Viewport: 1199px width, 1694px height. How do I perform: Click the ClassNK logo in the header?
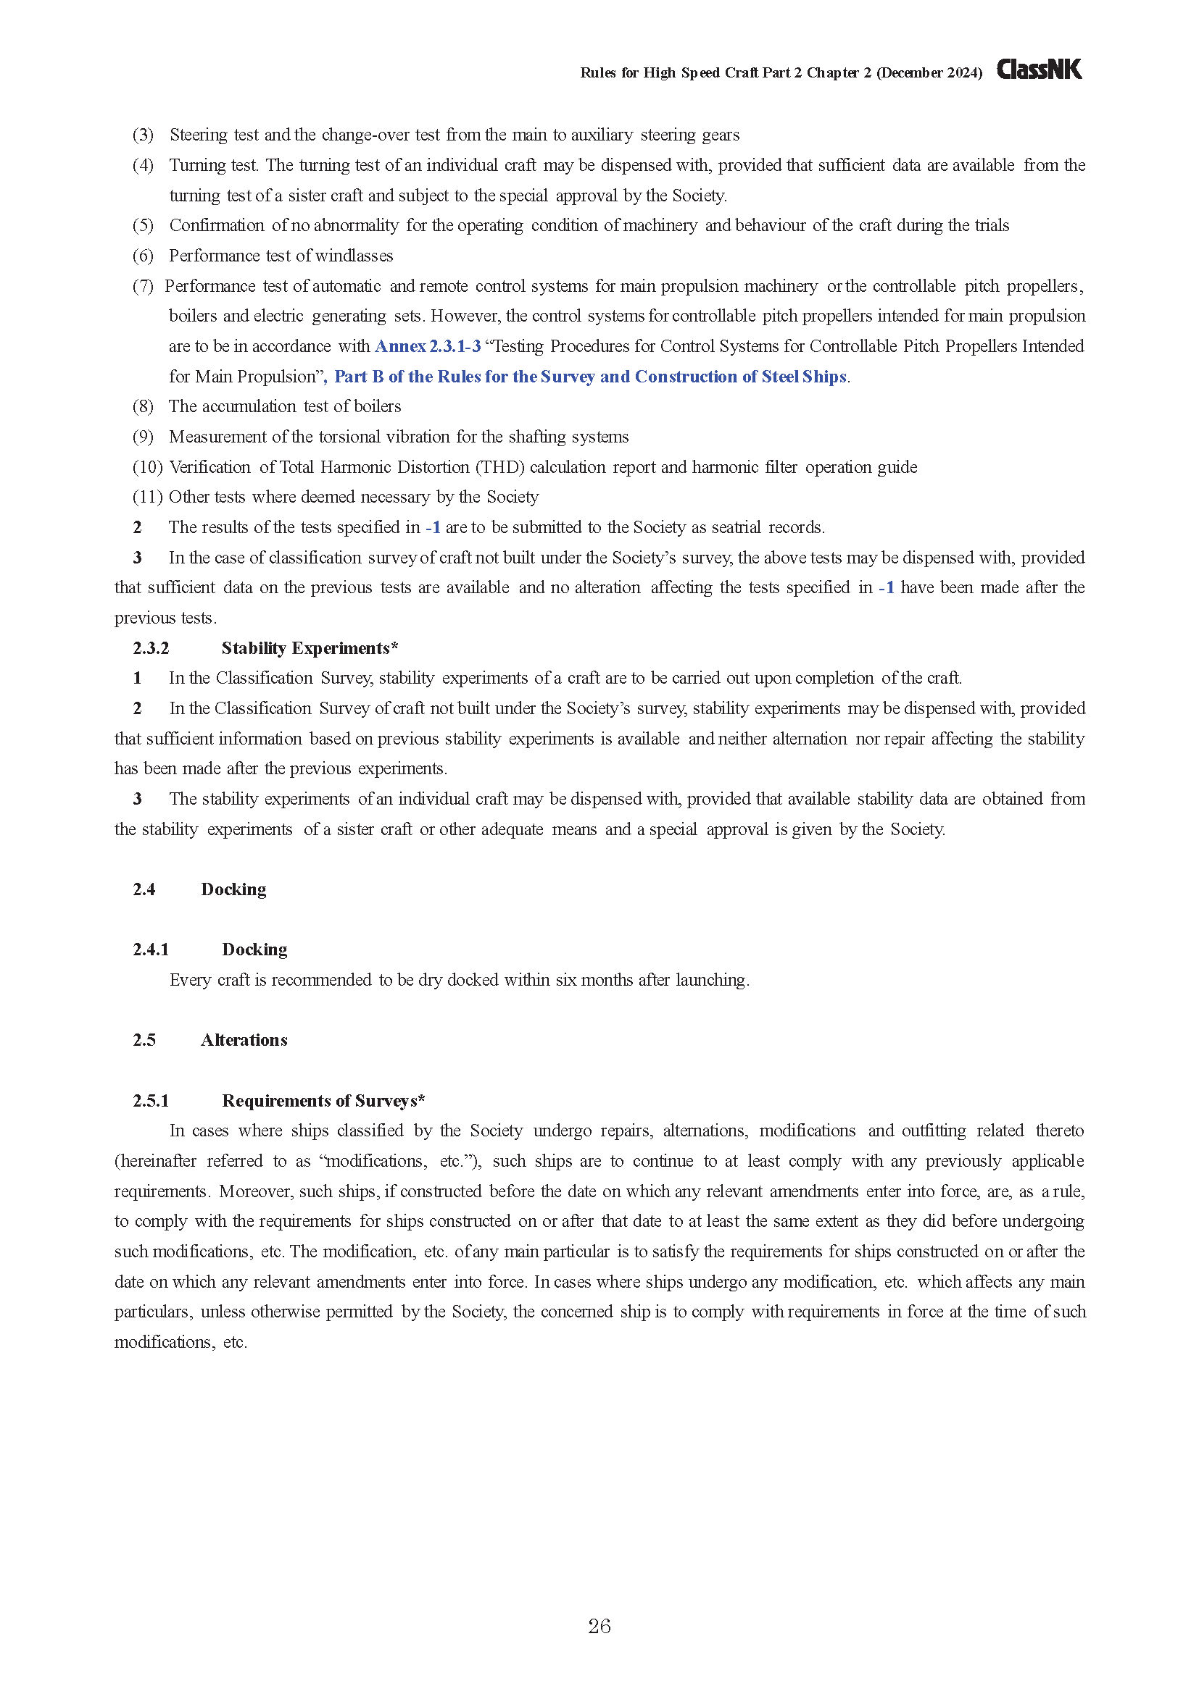1039,70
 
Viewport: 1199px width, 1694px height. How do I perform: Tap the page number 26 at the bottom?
599,1626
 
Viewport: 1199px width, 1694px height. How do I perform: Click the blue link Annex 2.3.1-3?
428,346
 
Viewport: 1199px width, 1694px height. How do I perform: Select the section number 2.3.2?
151,647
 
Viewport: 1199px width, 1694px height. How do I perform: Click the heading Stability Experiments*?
310,647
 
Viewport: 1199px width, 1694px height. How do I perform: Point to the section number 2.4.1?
151,949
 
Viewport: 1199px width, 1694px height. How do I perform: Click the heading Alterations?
244,1039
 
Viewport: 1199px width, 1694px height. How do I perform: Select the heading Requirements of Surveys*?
323,1100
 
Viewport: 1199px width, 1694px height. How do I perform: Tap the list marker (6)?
143,255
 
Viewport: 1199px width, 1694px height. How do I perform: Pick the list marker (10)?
147,466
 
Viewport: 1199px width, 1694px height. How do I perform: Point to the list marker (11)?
147,497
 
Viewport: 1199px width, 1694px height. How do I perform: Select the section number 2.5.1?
151,1100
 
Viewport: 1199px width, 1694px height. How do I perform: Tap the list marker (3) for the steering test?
143,134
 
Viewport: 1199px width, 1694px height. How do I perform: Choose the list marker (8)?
143,406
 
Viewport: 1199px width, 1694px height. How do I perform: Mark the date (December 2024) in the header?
929,72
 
